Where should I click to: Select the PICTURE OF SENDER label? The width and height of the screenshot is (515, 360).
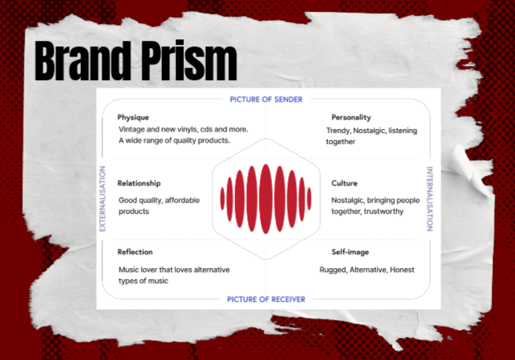(266, 100)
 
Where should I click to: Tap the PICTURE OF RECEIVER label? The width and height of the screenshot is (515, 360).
(266, 299)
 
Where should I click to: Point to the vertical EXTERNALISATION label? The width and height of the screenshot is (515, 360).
(102, 199)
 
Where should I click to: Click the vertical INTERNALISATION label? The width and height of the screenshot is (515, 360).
(429, 199)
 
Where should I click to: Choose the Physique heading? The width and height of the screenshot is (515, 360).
(133, 118)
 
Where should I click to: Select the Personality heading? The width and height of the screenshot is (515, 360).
(351, 118)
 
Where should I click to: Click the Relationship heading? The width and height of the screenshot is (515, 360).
(139, 183)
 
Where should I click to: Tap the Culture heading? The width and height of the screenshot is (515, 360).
(344, 183)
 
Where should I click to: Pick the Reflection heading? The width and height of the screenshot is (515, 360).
(135, 252)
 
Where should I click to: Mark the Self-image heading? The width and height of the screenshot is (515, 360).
(350, 252)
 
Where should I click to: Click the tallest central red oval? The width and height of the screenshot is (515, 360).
(266, 199)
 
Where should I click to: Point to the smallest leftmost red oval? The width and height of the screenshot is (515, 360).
(223, 198)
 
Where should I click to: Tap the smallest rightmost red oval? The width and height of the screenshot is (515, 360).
(309, 198)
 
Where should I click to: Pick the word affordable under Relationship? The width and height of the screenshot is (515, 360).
(182, 200)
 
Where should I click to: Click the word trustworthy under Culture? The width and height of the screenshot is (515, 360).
(384, 211)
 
